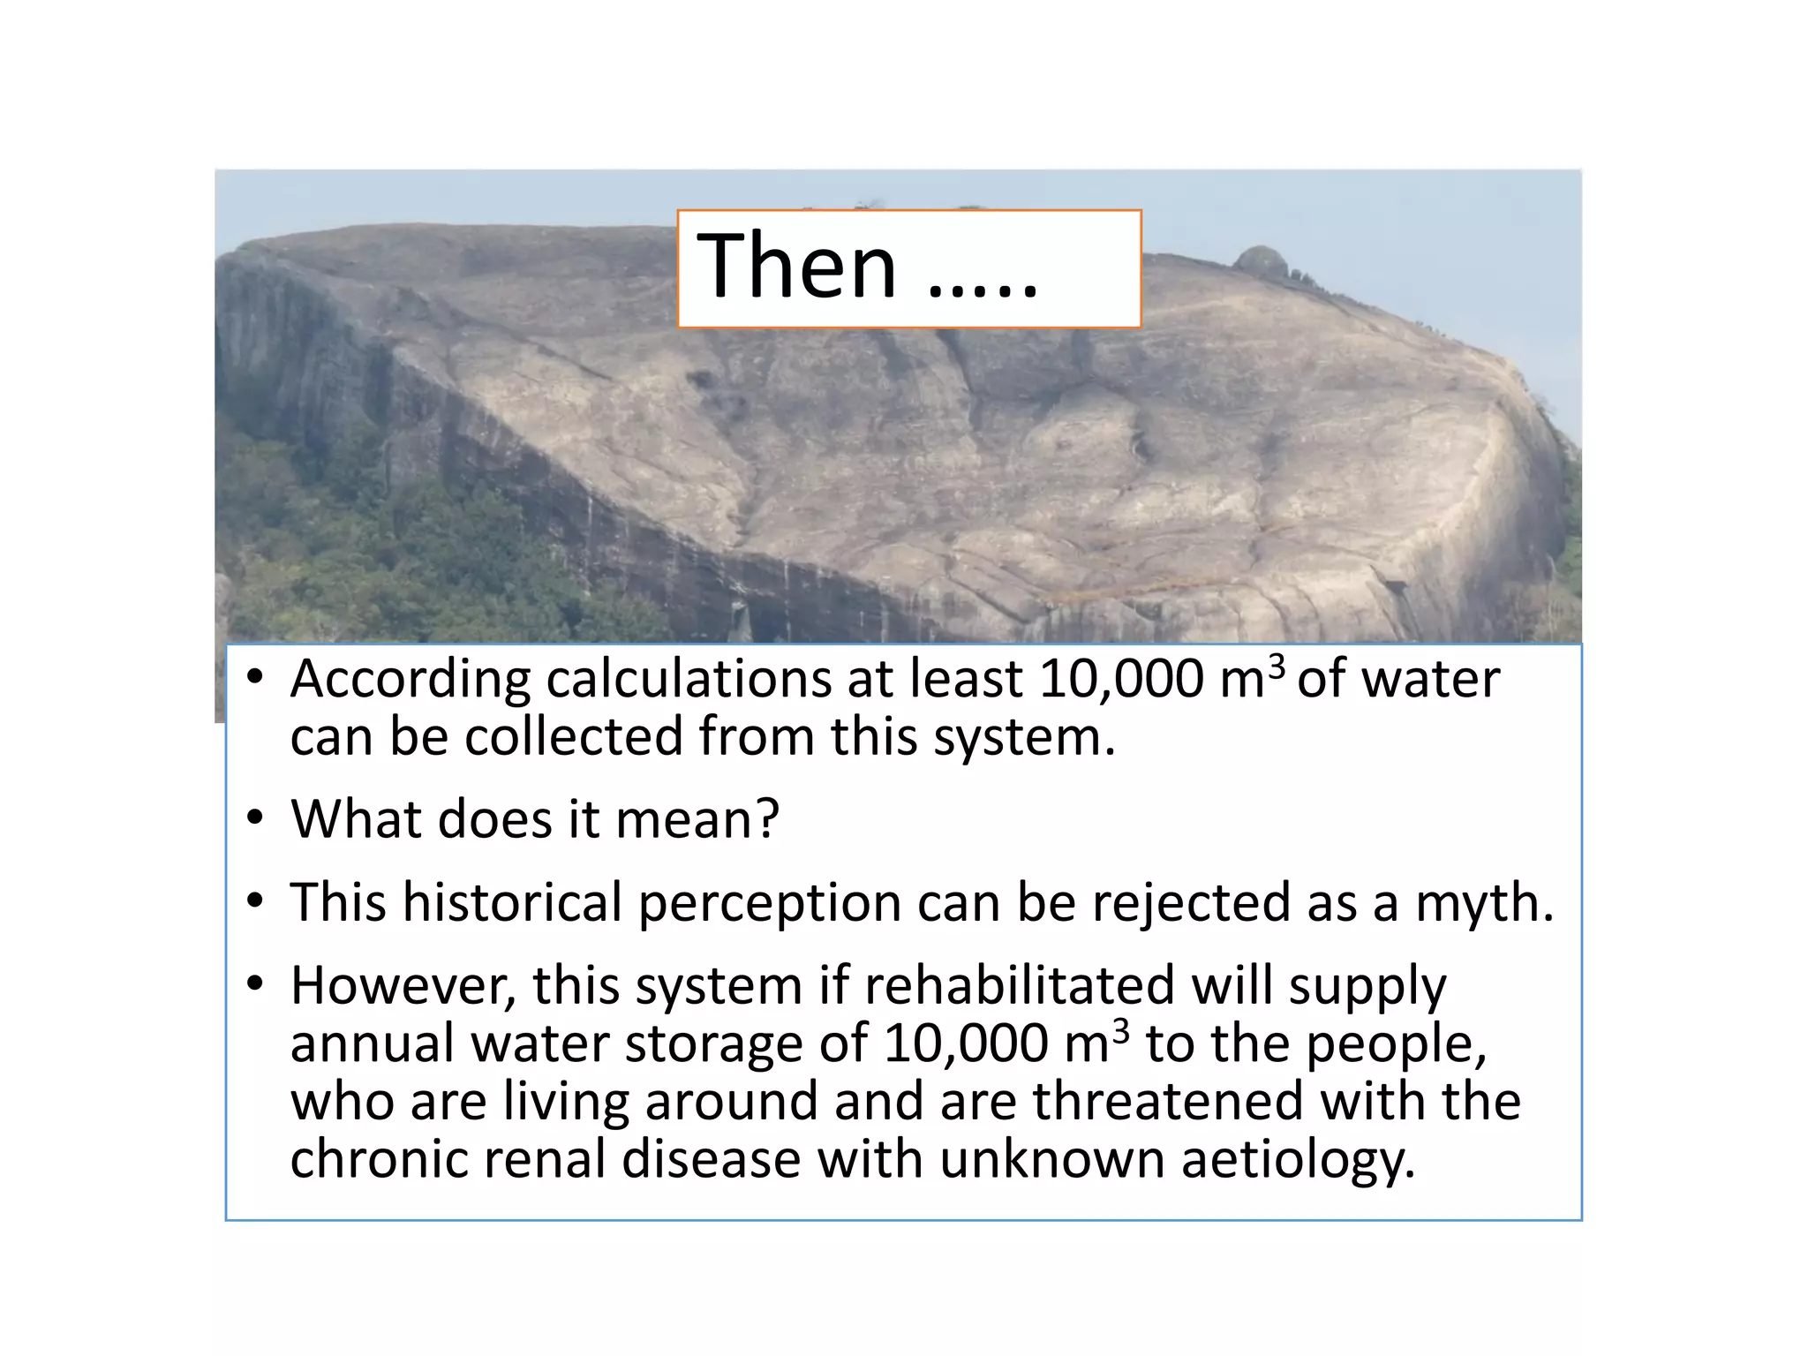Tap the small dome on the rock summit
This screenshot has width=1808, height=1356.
(x=1262, y=260)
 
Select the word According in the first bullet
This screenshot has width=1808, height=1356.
(x=410, y=681)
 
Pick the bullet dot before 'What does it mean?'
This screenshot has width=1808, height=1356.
(x=255, y=817)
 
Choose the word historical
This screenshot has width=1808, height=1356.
(x=513, y=903)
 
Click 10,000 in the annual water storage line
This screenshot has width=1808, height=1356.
(x=965, y=1043)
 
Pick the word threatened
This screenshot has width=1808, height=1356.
(x=1168, y=1102)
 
